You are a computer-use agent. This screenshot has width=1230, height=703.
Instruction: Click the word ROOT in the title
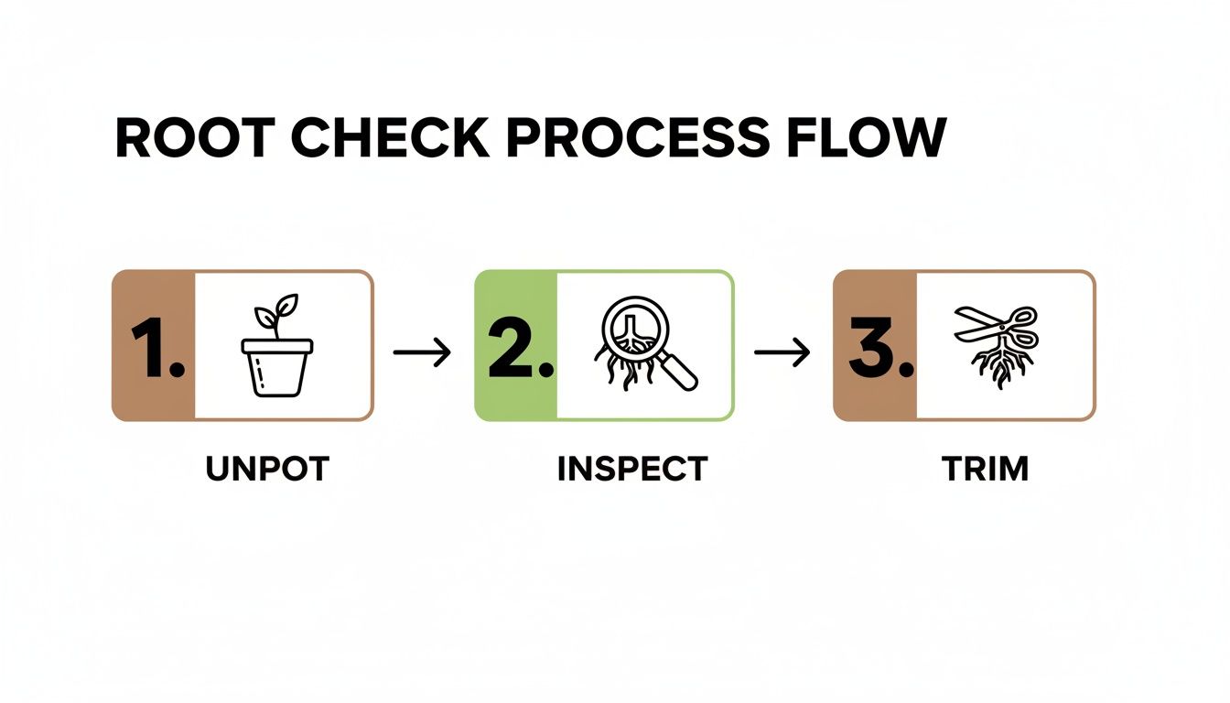tap(191, 139)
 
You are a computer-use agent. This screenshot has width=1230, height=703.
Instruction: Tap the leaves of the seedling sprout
tap(275, 311)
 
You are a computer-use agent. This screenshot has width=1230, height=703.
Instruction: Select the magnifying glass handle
tap(679, 370)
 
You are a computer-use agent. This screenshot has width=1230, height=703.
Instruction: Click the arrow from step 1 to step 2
tap(422, 352)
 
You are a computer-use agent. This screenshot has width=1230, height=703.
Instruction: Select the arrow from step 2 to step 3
tap(782, 352)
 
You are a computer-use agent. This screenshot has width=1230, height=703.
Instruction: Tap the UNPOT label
tap(266, 469)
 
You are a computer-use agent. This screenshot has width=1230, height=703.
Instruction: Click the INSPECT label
tap(631, 469)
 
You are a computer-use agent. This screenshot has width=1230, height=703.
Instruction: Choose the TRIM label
tap(985, 469)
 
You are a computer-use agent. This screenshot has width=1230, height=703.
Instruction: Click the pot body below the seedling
tap(277, 373)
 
